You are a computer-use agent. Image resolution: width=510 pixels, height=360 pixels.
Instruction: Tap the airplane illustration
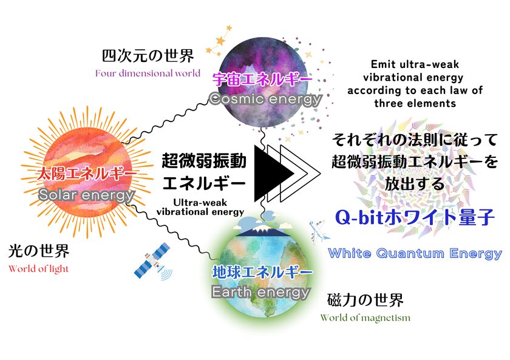[x=318, y=231]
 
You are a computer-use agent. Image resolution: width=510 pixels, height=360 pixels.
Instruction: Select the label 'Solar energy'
[x=86, y=195]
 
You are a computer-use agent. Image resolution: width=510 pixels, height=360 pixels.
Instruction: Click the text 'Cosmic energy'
[x=265, y=99]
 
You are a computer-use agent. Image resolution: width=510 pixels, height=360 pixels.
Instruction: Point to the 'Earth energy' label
[x=260, y=292]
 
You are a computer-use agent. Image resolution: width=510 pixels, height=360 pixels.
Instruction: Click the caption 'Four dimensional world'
[x=148, y=73]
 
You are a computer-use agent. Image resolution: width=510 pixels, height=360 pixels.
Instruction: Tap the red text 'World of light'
[x=38, y=268]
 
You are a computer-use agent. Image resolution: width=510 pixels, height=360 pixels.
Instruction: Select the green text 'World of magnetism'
[x=365, y=318]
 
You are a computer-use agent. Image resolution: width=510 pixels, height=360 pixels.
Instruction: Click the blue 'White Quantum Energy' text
[x=415, y=253]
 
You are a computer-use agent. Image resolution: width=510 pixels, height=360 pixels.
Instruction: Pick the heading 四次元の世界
[x=148, y=56]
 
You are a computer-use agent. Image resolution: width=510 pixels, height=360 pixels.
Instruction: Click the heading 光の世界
[x=39, y=251]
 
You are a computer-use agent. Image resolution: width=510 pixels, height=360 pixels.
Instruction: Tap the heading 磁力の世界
[x=365, y=300]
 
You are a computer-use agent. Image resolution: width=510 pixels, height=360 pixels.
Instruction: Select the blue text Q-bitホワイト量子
[x=415, y=217]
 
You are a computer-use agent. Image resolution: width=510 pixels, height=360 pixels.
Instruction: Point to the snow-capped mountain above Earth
[x=262, y=230]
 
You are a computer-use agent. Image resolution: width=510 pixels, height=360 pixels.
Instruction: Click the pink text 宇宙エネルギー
[x=262, y=79]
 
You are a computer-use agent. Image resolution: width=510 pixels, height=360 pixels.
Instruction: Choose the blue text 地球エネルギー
[x=262, y=272]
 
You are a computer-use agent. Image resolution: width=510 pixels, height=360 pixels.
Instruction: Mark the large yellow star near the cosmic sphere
[x=220, y=41]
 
